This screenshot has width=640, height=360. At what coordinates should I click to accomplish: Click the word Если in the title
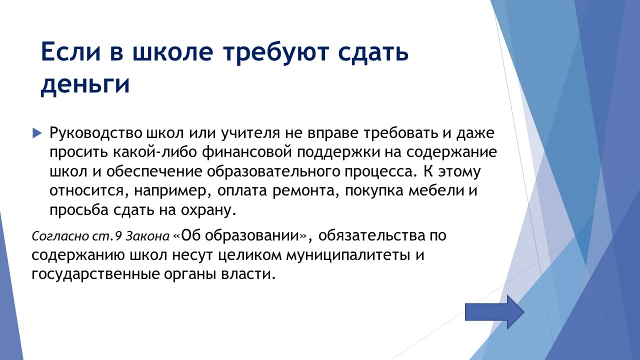coord(71,51)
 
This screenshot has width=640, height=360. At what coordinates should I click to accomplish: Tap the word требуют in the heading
coord(275,53)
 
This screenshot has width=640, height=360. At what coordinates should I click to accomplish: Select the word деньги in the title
coord(85,85)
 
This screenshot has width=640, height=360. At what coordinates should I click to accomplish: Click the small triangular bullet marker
coord(37,133)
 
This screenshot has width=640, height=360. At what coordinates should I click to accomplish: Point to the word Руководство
coord(95,133)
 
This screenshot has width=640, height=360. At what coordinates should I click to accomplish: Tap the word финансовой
coord(247,152)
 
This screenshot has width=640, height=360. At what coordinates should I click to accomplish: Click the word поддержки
coord(338,152)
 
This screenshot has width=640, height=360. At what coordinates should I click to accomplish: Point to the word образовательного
coord(273,171)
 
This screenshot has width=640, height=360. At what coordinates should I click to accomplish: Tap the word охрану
coord(208,210)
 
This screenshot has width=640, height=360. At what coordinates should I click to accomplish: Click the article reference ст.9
coord(107,236)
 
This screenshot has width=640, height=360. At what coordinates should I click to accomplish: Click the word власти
coord(248,274)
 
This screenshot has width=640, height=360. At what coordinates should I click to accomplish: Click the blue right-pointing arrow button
coord(494,312)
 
